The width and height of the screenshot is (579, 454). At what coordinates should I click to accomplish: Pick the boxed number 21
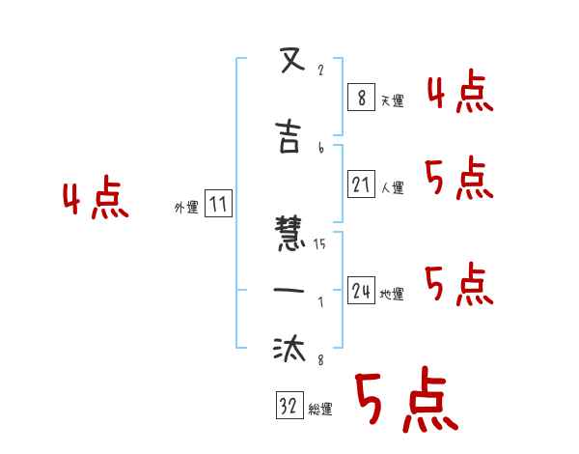[x=361, y=184]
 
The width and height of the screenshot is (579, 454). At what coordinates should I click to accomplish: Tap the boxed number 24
[x=361, y=291]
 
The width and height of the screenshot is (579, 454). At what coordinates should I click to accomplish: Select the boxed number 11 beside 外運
[x=218, y=203]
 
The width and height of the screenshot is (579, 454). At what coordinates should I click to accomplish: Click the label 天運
[x=392, y=100]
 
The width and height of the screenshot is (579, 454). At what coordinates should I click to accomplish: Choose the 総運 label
[x=320, y=410]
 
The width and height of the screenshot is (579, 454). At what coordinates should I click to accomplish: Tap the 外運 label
[x=186, y=207]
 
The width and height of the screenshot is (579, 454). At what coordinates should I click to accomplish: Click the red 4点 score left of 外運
[x=96, y=199]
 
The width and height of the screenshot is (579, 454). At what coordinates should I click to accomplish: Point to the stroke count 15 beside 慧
[x=319, y=244]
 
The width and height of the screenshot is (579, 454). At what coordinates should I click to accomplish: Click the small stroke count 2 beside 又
[x=320, y=71]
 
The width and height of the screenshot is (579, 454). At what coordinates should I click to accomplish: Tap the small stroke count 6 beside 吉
[x=320, y=148]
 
